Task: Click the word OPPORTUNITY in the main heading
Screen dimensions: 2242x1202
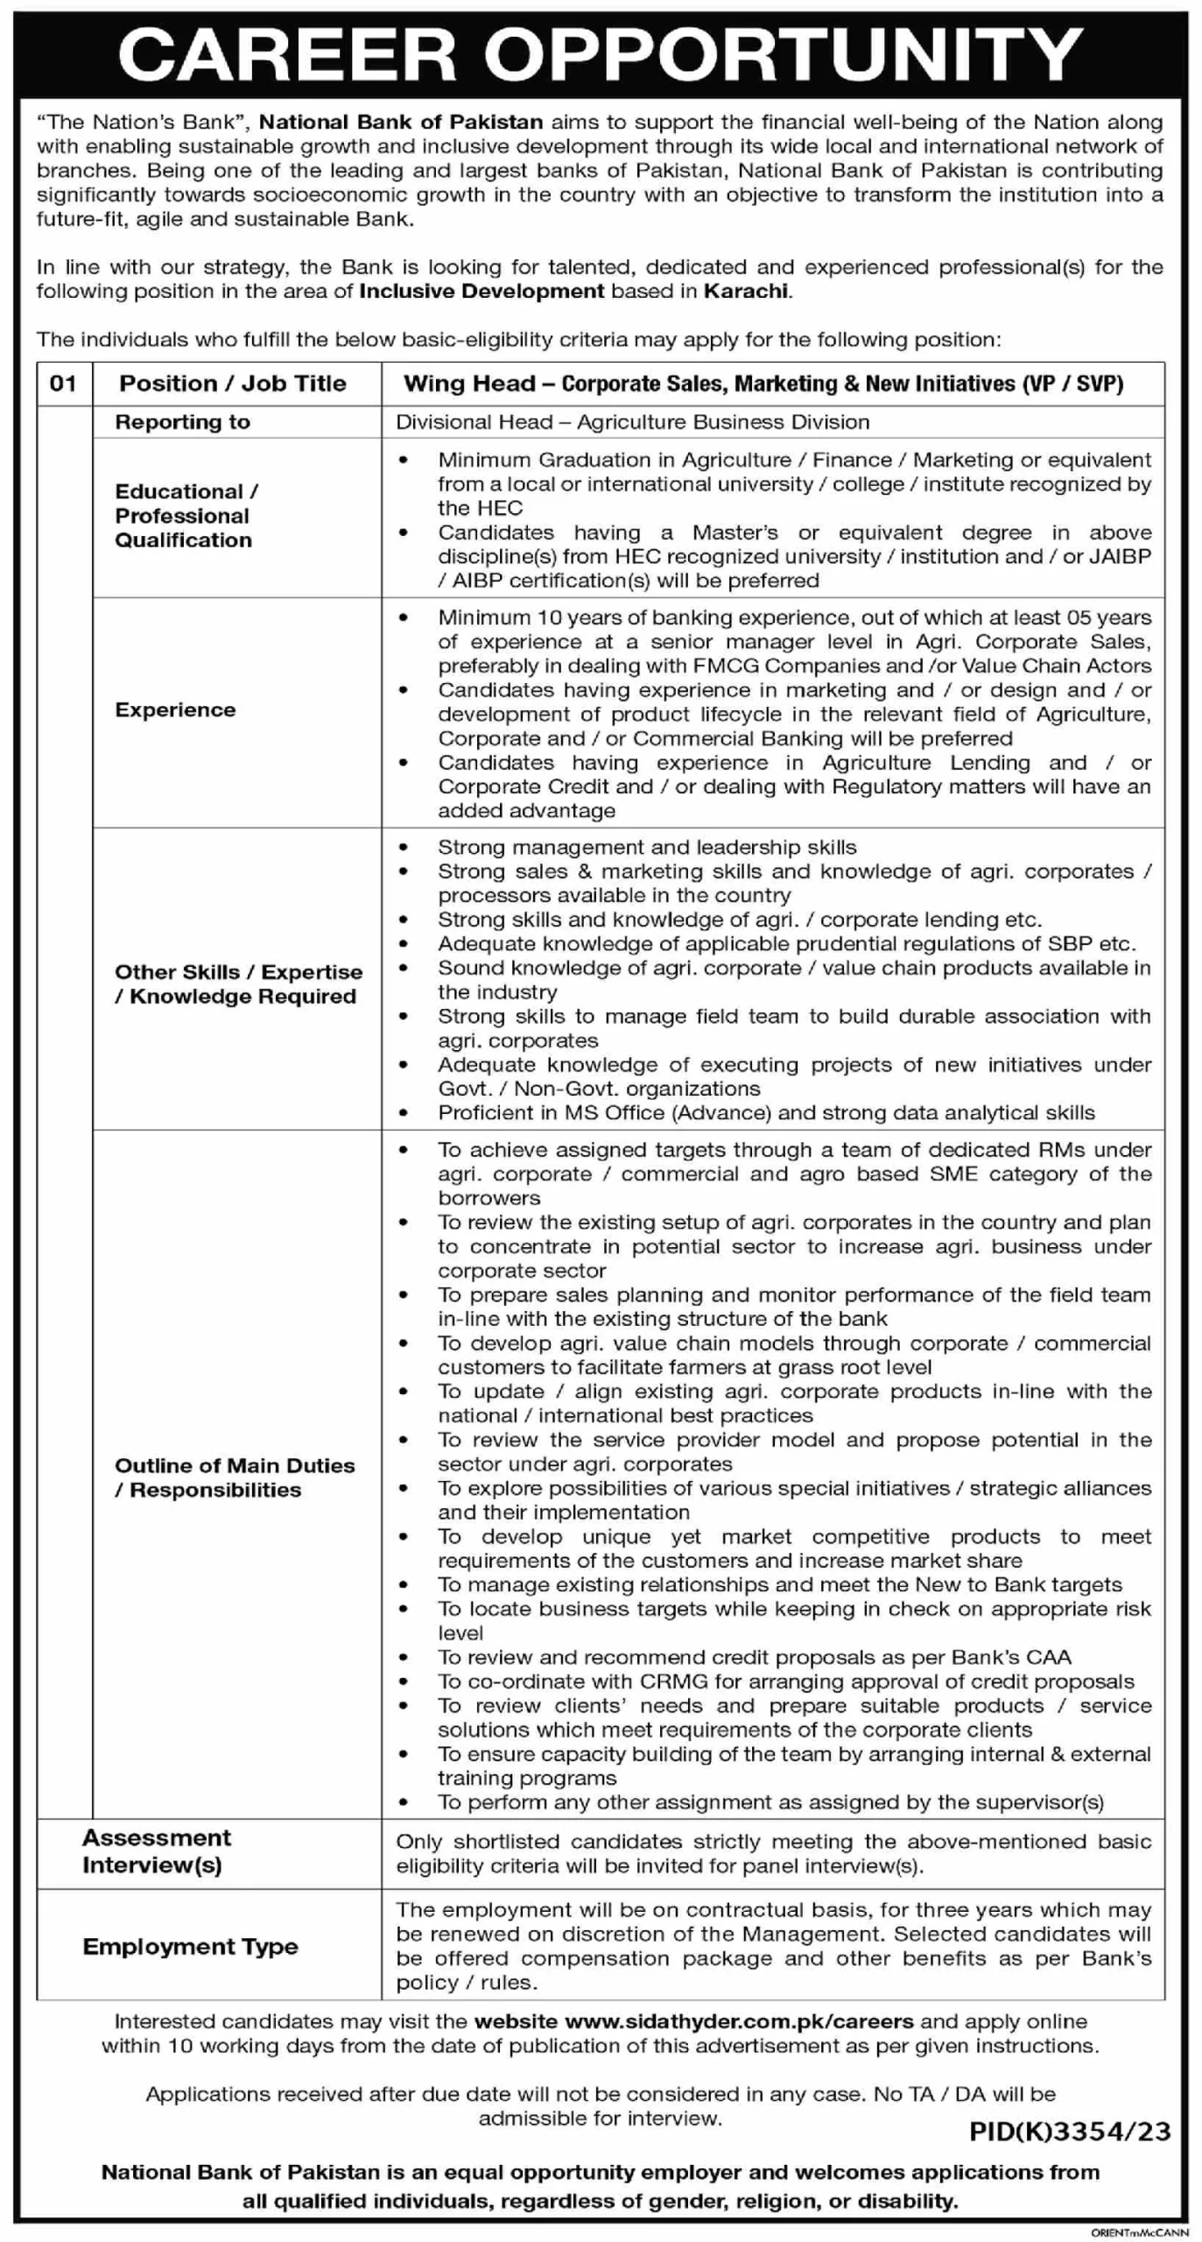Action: pyautogui.click(x=784, y=55)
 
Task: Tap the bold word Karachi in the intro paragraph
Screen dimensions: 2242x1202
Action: pyautogui.click(x=745, y=292)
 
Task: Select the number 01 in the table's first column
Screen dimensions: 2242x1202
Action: pyautogui.click(x=63, y=384)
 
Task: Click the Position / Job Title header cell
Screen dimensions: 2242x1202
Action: pyautogui.click(x=233, y=384)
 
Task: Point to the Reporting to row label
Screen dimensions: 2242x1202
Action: pyautogui.click(x=182, y=422)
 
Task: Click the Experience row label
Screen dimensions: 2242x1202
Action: pyautogui.click(x=175, y=710)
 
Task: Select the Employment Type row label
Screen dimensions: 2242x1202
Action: pyautogui.click(x=190, y=1947)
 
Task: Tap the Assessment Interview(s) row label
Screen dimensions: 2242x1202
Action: pyautogui.click(x=156, y=1851)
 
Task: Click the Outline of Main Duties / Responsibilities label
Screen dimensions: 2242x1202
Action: pyautogui.click(x=234, y=1477)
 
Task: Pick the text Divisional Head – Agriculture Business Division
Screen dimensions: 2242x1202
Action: pyautogui.click(x=632, y=422)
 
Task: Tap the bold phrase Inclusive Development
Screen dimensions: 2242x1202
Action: pyautogui.click(x=482, y=292)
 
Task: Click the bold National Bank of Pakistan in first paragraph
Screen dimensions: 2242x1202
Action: pyautogui.click(x=401, y=123)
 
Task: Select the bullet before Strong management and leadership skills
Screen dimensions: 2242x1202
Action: pyautogui.click(x=403, y=847)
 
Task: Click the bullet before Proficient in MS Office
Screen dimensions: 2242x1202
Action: pyautogui.click(x=403, y=1113)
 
